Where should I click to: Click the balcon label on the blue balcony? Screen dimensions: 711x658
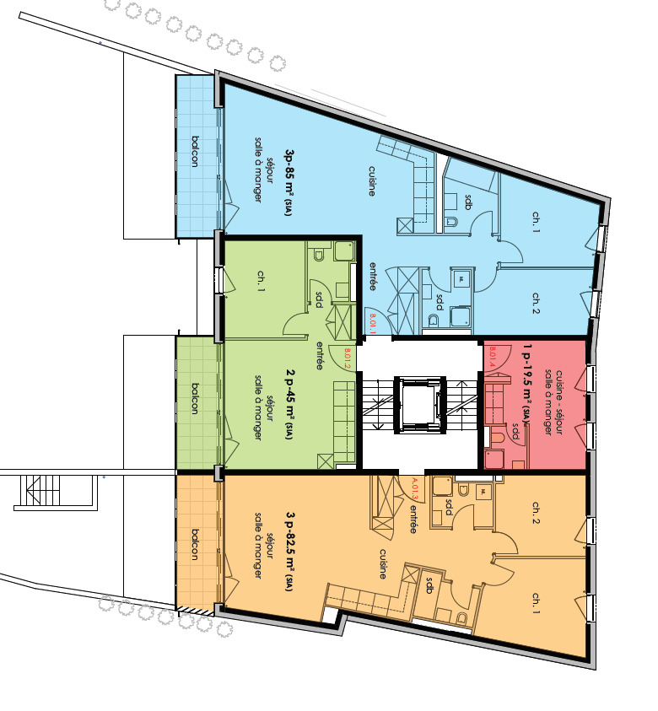(x=195, y=152)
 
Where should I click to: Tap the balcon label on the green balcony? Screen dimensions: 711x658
(x=195, y=399)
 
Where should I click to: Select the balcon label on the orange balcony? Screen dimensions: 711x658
(x=195, y=545)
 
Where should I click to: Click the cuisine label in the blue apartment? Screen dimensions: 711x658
(x=371, y=180)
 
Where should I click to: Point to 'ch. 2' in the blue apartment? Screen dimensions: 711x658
(x=536, y=301)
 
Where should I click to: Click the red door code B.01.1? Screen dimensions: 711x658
(x=373, y=324)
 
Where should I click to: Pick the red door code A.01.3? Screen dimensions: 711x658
(x=413, y=489)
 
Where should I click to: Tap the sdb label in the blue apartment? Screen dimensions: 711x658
(x=469, y=202)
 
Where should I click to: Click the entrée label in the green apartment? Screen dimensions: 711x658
(x=320, y=356)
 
